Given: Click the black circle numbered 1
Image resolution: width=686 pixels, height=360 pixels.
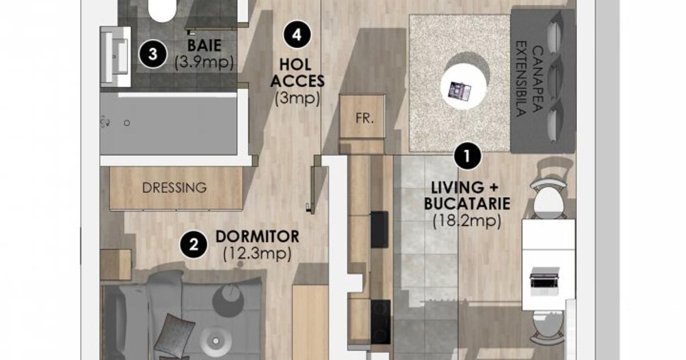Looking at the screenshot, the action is click(x=467, y=156).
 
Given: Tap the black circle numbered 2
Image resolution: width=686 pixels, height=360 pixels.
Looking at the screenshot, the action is click(x=194, y=245).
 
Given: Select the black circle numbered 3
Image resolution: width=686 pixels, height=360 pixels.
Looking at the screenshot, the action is click(x=153, y=54).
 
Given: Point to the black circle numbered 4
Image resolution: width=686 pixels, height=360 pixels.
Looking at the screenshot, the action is click(x=297, y=35).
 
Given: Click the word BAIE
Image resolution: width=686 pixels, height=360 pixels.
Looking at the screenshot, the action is click(x=204, y=46).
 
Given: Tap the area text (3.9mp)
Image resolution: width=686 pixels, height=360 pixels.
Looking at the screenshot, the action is click(x=204, y=62).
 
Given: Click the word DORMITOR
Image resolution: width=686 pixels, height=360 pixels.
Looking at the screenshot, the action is click(x=257, y=237).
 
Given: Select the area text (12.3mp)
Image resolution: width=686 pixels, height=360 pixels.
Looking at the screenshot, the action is click(x=257, y=254).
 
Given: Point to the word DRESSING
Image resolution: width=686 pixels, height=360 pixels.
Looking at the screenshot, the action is click(x=174, y=188).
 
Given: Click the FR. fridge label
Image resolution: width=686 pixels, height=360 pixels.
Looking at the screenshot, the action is click(x=365, y=118).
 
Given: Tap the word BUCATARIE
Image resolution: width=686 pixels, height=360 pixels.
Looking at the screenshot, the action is click(x=467, y=203).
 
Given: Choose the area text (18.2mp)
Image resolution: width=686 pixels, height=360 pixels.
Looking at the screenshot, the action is click(x=467, y=221).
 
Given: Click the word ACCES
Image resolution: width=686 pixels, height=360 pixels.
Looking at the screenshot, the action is click(x=297, y=81).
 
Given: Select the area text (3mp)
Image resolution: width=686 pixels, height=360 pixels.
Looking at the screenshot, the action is click(x=297, y=98).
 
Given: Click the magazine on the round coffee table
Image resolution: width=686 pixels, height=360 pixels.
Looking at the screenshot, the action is click(x=459, y=91).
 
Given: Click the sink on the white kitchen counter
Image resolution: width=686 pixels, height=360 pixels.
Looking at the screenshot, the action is click(x=544, y=281).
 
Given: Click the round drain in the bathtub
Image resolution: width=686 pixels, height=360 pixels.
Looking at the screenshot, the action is click(x=127, y=123).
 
